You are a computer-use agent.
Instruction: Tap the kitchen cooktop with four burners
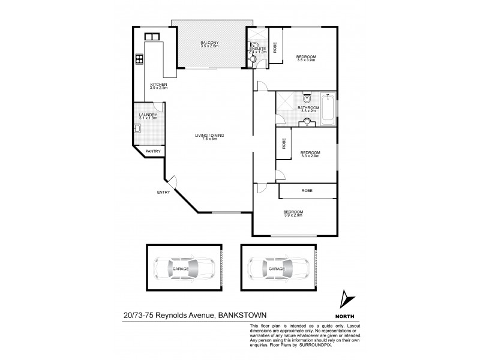[139, 59]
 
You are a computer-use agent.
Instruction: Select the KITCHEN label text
[158, 85]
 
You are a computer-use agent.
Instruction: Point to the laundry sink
[137, 128]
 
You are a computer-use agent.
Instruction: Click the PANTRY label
[152, 152]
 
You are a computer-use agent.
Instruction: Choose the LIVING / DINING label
[209, 135]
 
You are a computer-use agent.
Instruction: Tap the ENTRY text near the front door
[164, 192]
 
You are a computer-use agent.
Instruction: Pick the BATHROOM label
[309, 108]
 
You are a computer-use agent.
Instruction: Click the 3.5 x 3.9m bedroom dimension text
[306, 61]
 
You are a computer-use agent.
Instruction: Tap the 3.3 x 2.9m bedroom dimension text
[310, 157]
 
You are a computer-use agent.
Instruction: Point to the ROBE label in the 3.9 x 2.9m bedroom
[307, 191]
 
